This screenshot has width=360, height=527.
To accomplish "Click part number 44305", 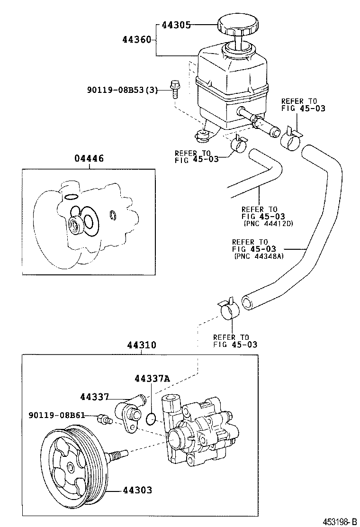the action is [176, 25].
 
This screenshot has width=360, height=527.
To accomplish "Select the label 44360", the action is [137, 40].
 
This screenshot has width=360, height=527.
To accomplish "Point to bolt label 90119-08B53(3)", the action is [122, 90].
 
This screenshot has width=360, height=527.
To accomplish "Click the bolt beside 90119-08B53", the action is [174, 88].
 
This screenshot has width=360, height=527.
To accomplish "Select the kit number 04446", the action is [89, 158].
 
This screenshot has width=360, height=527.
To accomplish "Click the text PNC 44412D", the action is [268, 223].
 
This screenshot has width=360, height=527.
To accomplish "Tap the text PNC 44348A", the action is [259, 256].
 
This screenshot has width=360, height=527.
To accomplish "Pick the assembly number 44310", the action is [141, 345].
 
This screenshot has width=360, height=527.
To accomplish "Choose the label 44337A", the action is [152, 379].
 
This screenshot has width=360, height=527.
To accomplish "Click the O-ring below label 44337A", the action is [151, 418].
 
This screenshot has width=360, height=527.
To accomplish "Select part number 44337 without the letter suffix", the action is [94, 397].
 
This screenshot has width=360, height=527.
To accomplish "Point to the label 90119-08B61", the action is [56, 416].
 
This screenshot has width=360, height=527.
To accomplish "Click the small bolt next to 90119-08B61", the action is [103, 419].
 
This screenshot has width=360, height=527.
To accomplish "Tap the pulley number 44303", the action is [137, 490].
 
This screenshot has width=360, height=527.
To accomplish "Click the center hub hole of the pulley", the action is [71, 467].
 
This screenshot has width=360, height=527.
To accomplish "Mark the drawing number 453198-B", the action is [340, 521].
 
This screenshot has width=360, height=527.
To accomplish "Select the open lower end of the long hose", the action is [247, 302].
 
